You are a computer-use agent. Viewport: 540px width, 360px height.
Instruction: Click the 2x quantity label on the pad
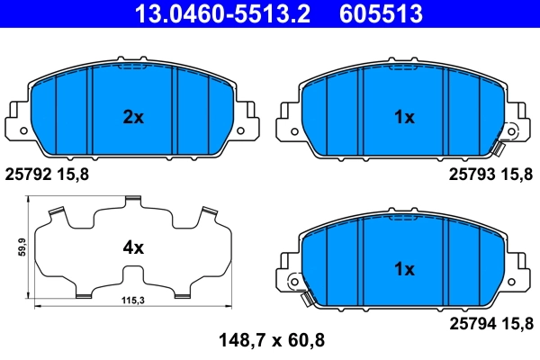pos(133,117)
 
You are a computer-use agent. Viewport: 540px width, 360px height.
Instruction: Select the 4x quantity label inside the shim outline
pos(133,247)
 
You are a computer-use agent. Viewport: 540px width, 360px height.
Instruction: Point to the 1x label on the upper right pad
pos(403,117)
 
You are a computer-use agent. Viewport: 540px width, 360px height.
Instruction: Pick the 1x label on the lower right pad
pos(403,269)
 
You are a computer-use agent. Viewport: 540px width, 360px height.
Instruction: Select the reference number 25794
pos(471,318)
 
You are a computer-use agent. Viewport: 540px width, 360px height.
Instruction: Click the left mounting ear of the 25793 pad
pos(289,115)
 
